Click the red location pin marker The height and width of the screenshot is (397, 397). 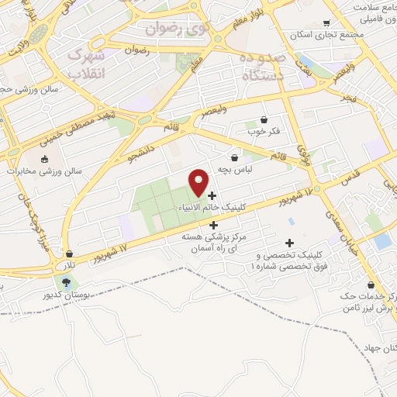click(x=199, y=182)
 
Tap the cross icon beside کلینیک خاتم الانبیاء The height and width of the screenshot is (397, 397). click(x=212, y=195)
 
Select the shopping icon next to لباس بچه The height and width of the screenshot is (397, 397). click(x=234, y=157)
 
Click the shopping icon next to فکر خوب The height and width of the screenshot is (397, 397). click(x=266, y=119)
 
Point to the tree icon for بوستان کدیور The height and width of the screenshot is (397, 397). click(x=68, y=282)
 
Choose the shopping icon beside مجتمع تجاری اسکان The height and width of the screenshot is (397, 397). click(x=326, y=22)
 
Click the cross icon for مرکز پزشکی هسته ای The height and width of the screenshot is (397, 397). click(x=213, y=224)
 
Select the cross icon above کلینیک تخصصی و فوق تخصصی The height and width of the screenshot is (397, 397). click(x=290, y=243)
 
